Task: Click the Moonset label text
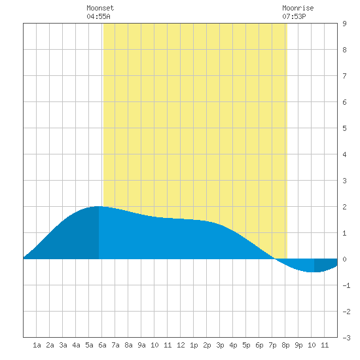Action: (100, 8)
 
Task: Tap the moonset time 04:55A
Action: (98, 16)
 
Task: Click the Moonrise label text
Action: (298, 8)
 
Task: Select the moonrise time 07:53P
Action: (294, 16)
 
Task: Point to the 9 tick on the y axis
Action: (344, 24)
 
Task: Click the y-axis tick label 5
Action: (344, 128)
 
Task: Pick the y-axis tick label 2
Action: (344, 207)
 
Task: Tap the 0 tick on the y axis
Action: (344, 259)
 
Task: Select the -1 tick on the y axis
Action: (346, 285)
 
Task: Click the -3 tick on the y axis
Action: (346, 338)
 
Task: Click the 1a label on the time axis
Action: (37, 345)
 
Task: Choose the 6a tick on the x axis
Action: (102, 345)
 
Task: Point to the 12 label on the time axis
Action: (181, 345)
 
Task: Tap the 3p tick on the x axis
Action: (220, 345)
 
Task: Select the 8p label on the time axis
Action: (285, 345)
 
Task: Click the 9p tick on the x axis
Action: (298, 345)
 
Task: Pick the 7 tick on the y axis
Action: (344, 76)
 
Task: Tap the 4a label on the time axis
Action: (76, 345)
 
